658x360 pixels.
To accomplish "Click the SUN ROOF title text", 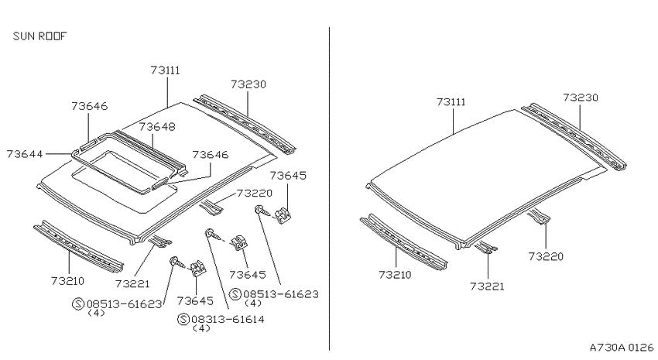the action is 39,36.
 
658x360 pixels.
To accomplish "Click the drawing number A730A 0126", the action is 622,348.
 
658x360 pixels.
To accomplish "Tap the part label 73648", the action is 157,127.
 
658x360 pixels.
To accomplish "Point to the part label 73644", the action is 25,154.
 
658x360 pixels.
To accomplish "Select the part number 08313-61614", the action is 228,319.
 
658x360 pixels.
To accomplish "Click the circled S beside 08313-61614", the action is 183,319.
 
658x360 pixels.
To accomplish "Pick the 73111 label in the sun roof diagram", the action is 166,70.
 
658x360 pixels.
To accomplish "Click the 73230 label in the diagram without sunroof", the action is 581,98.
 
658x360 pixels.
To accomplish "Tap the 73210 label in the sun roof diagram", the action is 67,281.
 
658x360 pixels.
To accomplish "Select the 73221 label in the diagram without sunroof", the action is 487,286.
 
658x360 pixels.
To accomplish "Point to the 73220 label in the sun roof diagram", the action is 255,193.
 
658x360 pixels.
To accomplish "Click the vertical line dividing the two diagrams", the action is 330,189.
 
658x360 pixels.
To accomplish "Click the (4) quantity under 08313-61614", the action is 201,328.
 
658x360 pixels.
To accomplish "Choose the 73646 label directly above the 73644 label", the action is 89,106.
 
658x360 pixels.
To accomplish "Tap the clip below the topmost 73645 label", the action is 283,215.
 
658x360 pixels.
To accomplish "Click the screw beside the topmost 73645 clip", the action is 261,211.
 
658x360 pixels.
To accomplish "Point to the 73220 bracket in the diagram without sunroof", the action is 540,217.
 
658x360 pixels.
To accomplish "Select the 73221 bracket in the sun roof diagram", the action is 159,242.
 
